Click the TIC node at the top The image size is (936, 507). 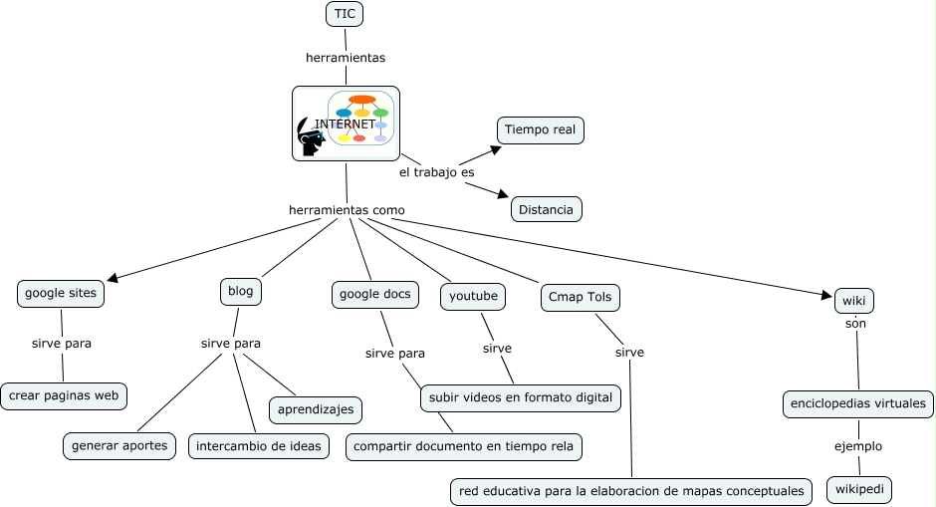click(x=345, y=14)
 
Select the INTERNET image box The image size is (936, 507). click(x=346, y=124)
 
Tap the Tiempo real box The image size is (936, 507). click(x=540, y=129)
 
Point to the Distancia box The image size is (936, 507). click(x=546, y=209)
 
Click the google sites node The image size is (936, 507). click(x=61, y=293)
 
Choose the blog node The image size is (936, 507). click(x=241, y=291)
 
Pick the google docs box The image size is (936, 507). click(x=374, y=294)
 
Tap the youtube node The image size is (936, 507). click(x=474, y=296)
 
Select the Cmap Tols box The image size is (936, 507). click(x=582, y=297)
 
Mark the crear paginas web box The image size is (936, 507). click(x=64, y=395)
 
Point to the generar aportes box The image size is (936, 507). click(x=120, y=445)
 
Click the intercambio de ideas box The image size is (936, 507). click(x=259, y=445)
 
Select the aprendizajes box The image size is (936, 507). click(x=316, y=409)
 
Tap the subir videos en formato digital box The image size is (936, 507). click(x=521, y=397)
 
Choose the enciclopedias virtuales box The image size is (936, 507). click(x=858, y=403)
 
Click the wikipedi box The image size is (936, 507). click(x=859, y=490)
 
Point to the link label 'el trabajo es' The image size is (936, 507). click(x=436, y=172)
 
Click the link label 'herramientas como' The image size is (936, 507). click(x=347, y=210)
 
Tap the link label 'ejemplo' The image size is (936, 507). click(x=858, y=446)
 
